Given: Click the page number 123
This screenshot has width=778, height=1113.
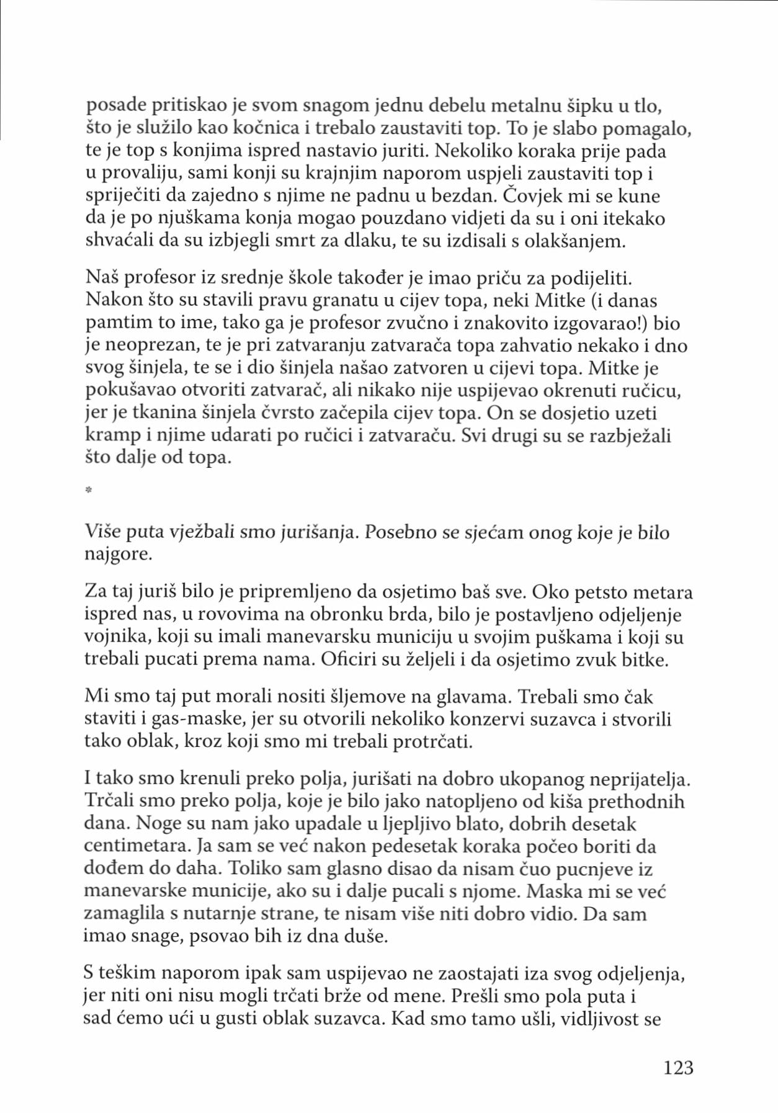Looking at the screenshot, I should click(677, 1067).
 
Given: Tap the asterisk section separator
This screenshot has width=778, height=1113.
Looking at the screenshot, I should click(89, 491).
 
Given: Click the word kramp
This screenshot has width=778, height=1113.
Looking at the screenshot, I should click(105, 436).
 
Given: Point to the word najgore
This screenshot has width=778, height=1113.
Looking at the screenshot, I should click(118, 553).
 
